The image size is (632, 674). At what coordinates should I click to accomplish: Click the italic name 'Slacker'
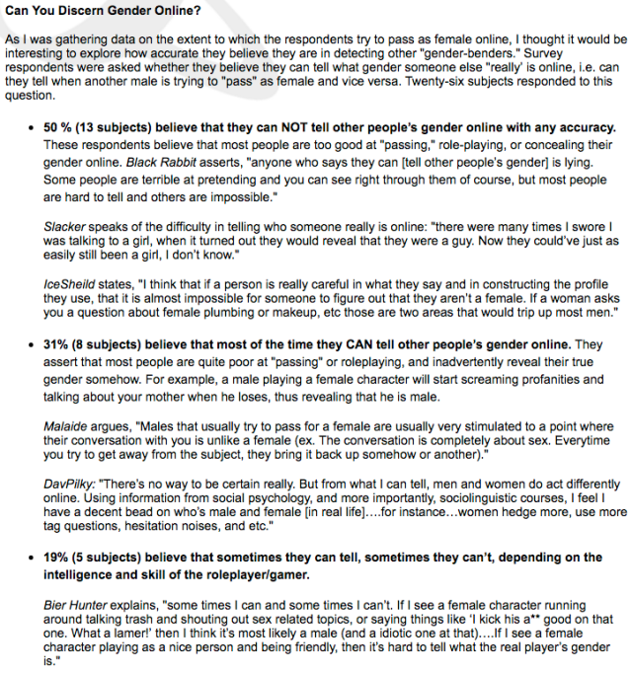click(65, 226)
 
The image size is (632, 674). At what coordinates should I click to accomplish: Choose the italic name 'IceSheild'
click(70, 281)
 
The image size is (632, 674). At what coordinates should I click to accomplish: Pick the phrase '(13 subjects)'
click(118, 129)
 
